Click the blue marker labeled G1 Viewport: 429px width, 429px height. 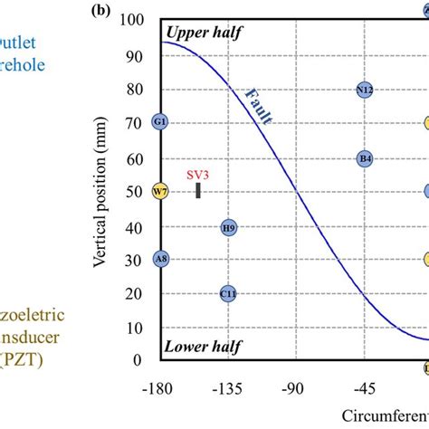pos(160,122)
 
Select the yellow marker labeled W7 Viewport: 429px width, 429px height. pos(160,191)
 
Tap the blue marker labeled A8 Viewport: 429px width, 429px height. pos(160,259)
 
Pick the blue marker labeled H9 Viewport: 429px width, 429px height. pos(228,227)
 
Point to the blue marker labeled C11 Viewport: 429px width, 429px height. pos(228,293)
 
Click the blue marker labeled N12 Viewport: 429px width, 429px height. pos(365,90)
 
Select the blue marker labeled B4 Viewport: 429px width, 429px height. pos(365,158)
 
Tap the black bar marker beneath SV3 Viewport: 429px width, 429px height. pos(199,190)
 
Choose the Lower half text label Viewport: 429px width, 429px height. pos(200,346)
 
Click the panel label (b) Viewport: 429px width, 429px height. pos(102,13)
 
